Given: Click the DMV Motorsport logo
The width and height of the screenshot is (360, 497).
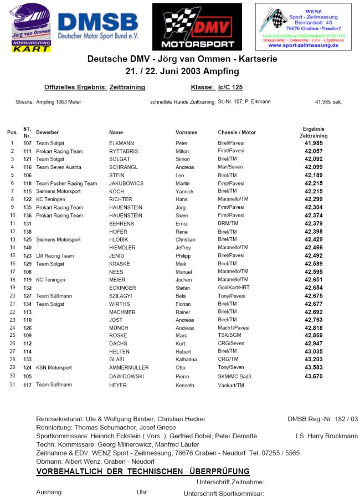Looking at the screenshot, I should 197,27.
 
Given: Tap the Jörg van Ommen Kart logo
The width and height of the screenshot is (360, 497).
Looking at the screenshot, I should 32,28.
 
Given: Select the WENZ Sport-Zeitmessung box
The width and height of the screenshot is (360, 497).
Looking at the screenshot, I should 303,27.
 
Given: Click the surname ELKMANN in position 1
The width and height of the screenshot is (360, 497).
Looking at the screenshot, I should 122,143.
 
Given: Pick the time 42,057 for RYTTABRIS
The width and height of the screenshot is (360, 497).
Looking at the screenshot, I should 313,151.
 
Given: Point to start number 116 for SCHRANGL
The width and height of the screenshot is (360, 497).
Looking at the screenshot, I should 27,167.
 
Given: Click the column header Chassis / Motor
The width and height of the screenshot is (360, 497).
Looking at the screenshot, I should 237,133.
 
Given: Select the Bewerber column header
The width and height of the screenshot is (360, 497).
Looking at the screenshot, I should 48,133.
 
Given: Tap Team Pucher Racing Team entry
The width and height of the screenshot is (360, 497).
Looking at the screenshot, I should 66,183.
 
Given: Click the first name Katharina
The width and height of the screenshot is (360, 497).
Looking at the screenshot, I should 186,360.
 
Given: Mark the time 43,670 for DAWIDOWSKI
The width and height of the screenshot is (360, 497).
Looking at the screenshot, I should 313,376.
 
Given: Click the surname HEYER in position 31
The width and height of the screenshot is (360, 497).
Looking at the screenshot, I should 118,385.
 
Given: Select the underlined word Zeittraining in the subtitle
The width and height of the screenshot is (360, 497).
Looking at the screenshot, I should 127,87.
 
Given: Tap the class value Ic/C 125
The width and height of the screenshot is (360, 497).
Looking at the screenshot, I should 230,87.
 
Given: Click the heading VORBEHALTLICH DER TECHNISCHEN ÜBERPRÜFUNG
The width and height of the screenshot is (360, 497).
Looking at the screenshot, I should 143,472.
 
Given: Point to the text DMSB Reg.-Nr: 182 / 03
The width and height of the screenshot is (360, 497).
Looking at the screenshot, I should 323,419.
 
